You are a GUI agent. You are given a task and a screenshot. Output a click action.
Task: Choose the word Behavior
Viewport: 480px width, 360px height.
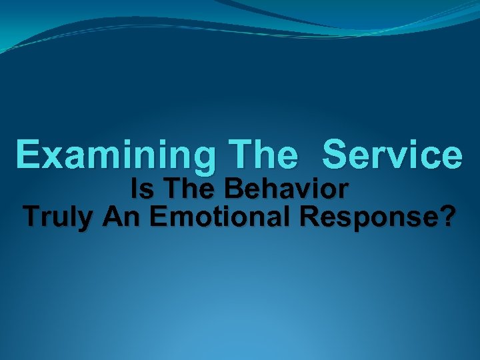[x=286, y=191]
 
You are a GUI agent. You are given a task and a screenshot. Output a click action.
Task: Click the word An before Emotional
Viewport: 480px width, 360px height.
[x=120, y=217]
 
